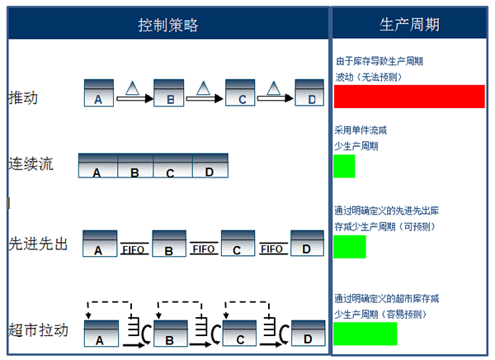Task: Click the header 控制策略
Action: (x=168, y=25)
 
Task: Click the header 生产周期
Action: (x=409, y=24)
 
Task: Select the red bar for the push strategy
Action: (x=409, y=97)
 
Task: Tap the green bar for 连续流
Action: (x=344, y=166)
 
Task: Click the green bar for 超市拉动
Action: (x=365, y=334)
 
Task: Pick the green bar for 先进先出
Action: (x=350, y=247)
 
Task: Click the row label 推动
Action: (x=23, y=97)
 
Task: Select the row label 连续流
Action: (x=31, y=164)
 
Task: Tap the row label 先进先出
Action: (x=38, y=244)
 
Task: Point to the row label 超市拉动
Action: (x=38, y=330)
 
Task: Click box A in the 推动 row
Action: (x=99, y=93)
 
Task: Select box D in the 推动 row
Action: (x=309, y=92)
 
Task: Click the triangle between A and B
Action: (x=132, y=88)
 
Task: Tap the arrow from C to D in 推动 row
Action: (x=276, y=98)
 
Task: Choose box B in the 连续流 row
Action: (x=135, y=166)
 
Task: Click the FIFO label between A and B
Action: (x=134, y=249)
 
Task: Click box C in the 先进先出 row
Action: (x=238, y=243)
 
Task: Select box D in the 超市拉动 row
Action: (x=308, y=333)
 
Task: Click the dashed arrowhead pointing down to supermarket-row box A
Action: (x=88, y=315)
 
